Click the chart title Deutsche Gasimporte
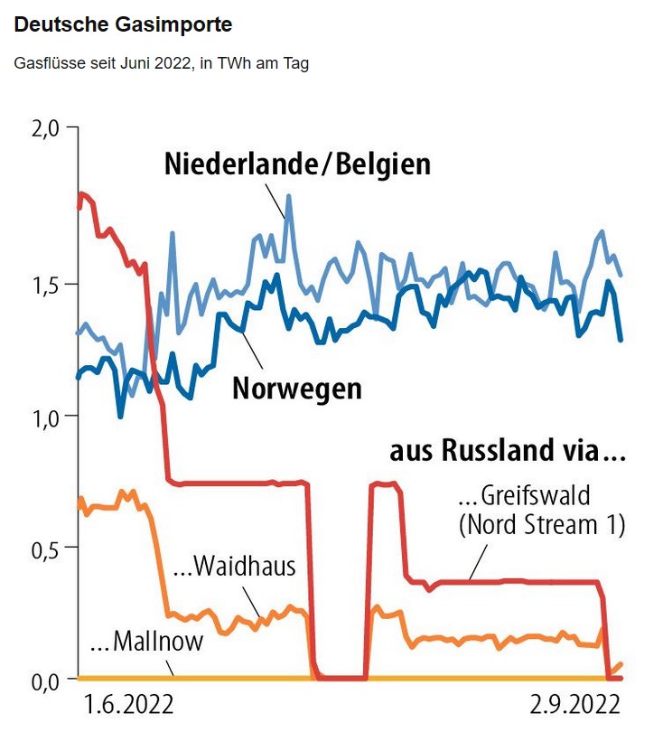coord(123,25)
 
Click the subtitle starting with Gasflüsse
coord(162,65)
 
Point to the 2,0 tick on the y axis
coord(45,128)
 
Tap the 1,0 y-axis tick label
coord(45,417)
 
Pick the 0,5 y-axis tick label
coord(45,549)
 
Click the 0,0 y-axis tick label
coord(45,680)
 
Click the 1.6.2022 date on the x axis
coord(127,704)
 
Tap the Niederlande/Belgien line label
coord(297,164)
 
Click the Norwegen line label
coord(296,388)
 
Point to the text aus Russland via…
coord(507,450)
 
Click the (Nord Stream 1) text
coord(542,524)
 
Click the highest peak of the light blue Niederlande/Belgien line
coord(289,195)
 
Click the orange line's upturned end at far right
coord(620,665)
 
